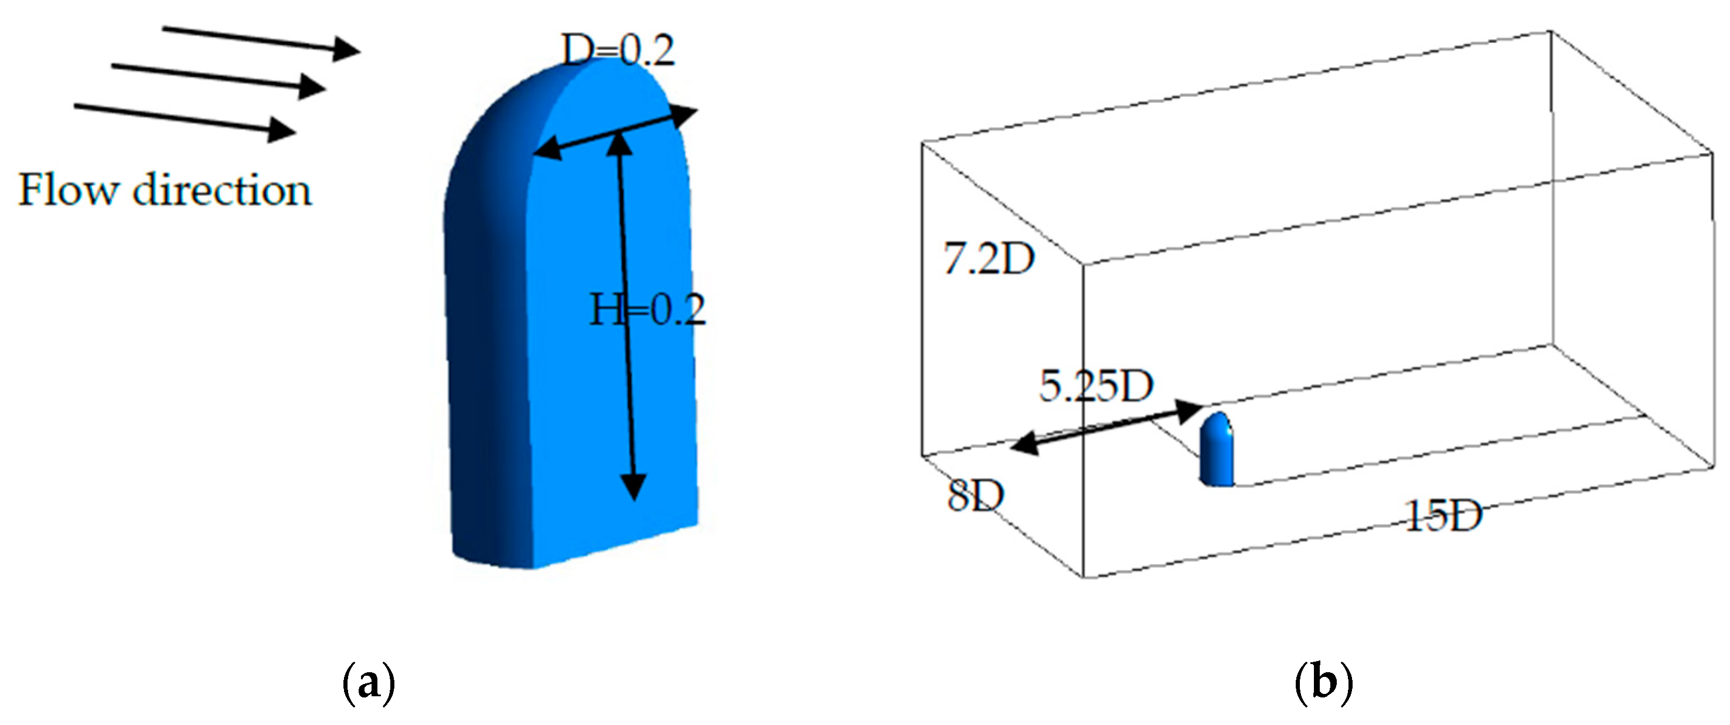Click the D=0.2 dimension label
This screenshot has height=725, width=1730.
(618, 50)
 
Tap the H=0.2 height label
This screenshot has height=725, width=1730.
(648, 310)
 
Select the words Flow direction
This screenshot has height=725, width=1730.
(165, 190)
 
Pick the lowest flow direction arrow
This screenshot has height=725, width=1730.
(185, 117)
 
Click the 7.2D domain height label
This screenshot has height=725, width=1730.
(989, 259)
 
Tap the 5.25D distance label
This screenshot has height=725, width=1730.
(1095, 387)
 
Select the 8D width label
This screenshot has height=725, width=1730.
(975, 496)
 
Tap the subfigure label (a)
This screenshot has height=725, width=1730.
(369, 683)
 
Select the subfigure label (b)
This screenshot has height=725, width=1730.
(1323, 683)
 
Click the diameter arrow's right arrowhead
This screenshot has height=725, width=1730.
(685, 116)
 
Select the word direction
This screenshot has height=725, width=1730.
(222, 190)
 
